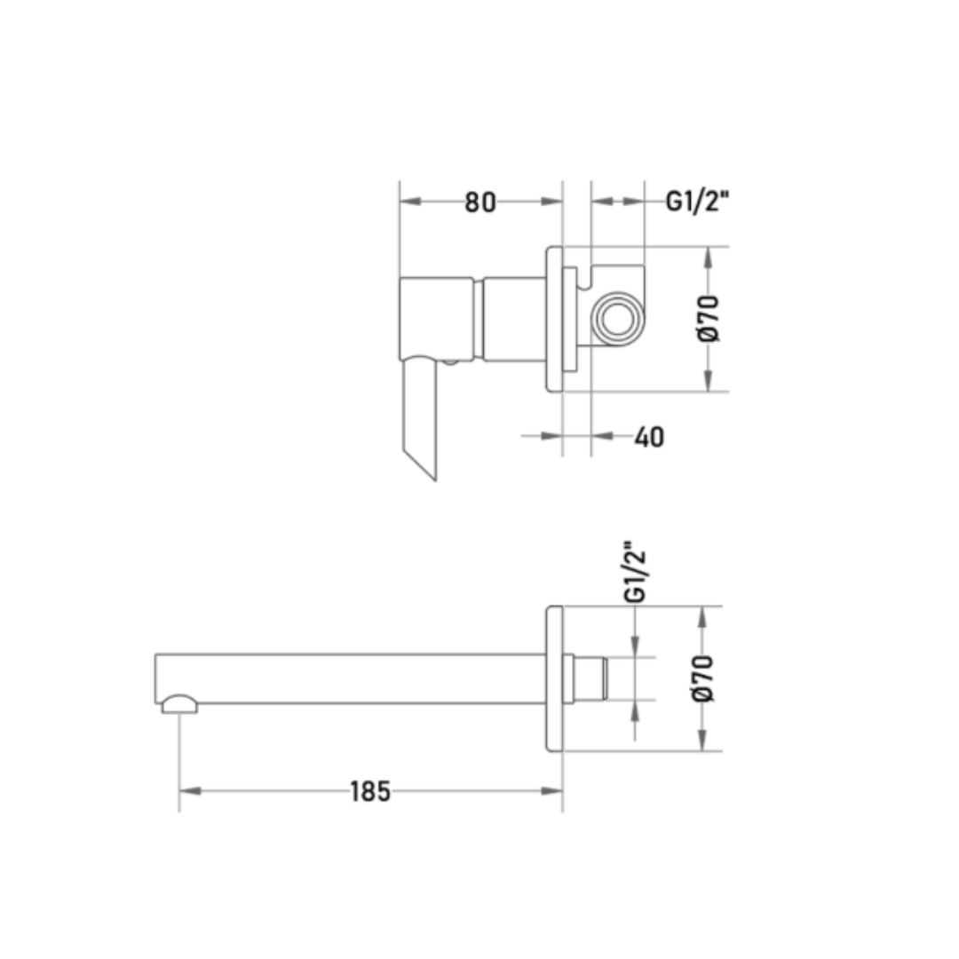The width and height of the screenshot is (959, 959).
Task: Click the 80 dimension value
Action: pyautogui.click(x=480, y=202)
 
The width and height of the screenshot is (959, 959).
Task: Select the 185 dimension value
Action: pyautogui.click(x=370, y=791)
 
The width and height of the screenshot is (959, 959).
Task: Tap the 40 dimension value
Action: pyautogui.click(x=649, y=437)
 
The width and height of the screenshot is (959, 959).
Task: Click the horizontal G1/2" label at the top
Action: pyautogui.click(x=697, y=202)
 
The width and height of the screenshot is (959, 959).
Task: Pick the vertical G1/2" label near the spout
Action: pyautogui.click(x=636, y=572)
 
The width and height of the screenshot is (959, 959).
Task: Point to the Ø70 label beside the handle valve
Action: pyautogui.click(x=709, y=319)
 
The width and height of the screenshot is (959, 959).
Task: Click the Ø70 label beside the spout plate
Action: pyautogui.click(x=702, y=678)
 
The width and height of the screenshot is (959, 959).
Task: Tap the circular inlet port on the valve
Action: pyautogui.click(x=618, y=319)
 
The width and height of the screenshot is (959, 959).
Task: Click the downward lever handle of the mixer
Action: pyautogui.click(x=419, y=419)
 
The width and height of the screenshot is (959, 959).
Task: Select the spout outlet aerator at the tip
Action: pyautogui.click(x=179, y=704)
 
